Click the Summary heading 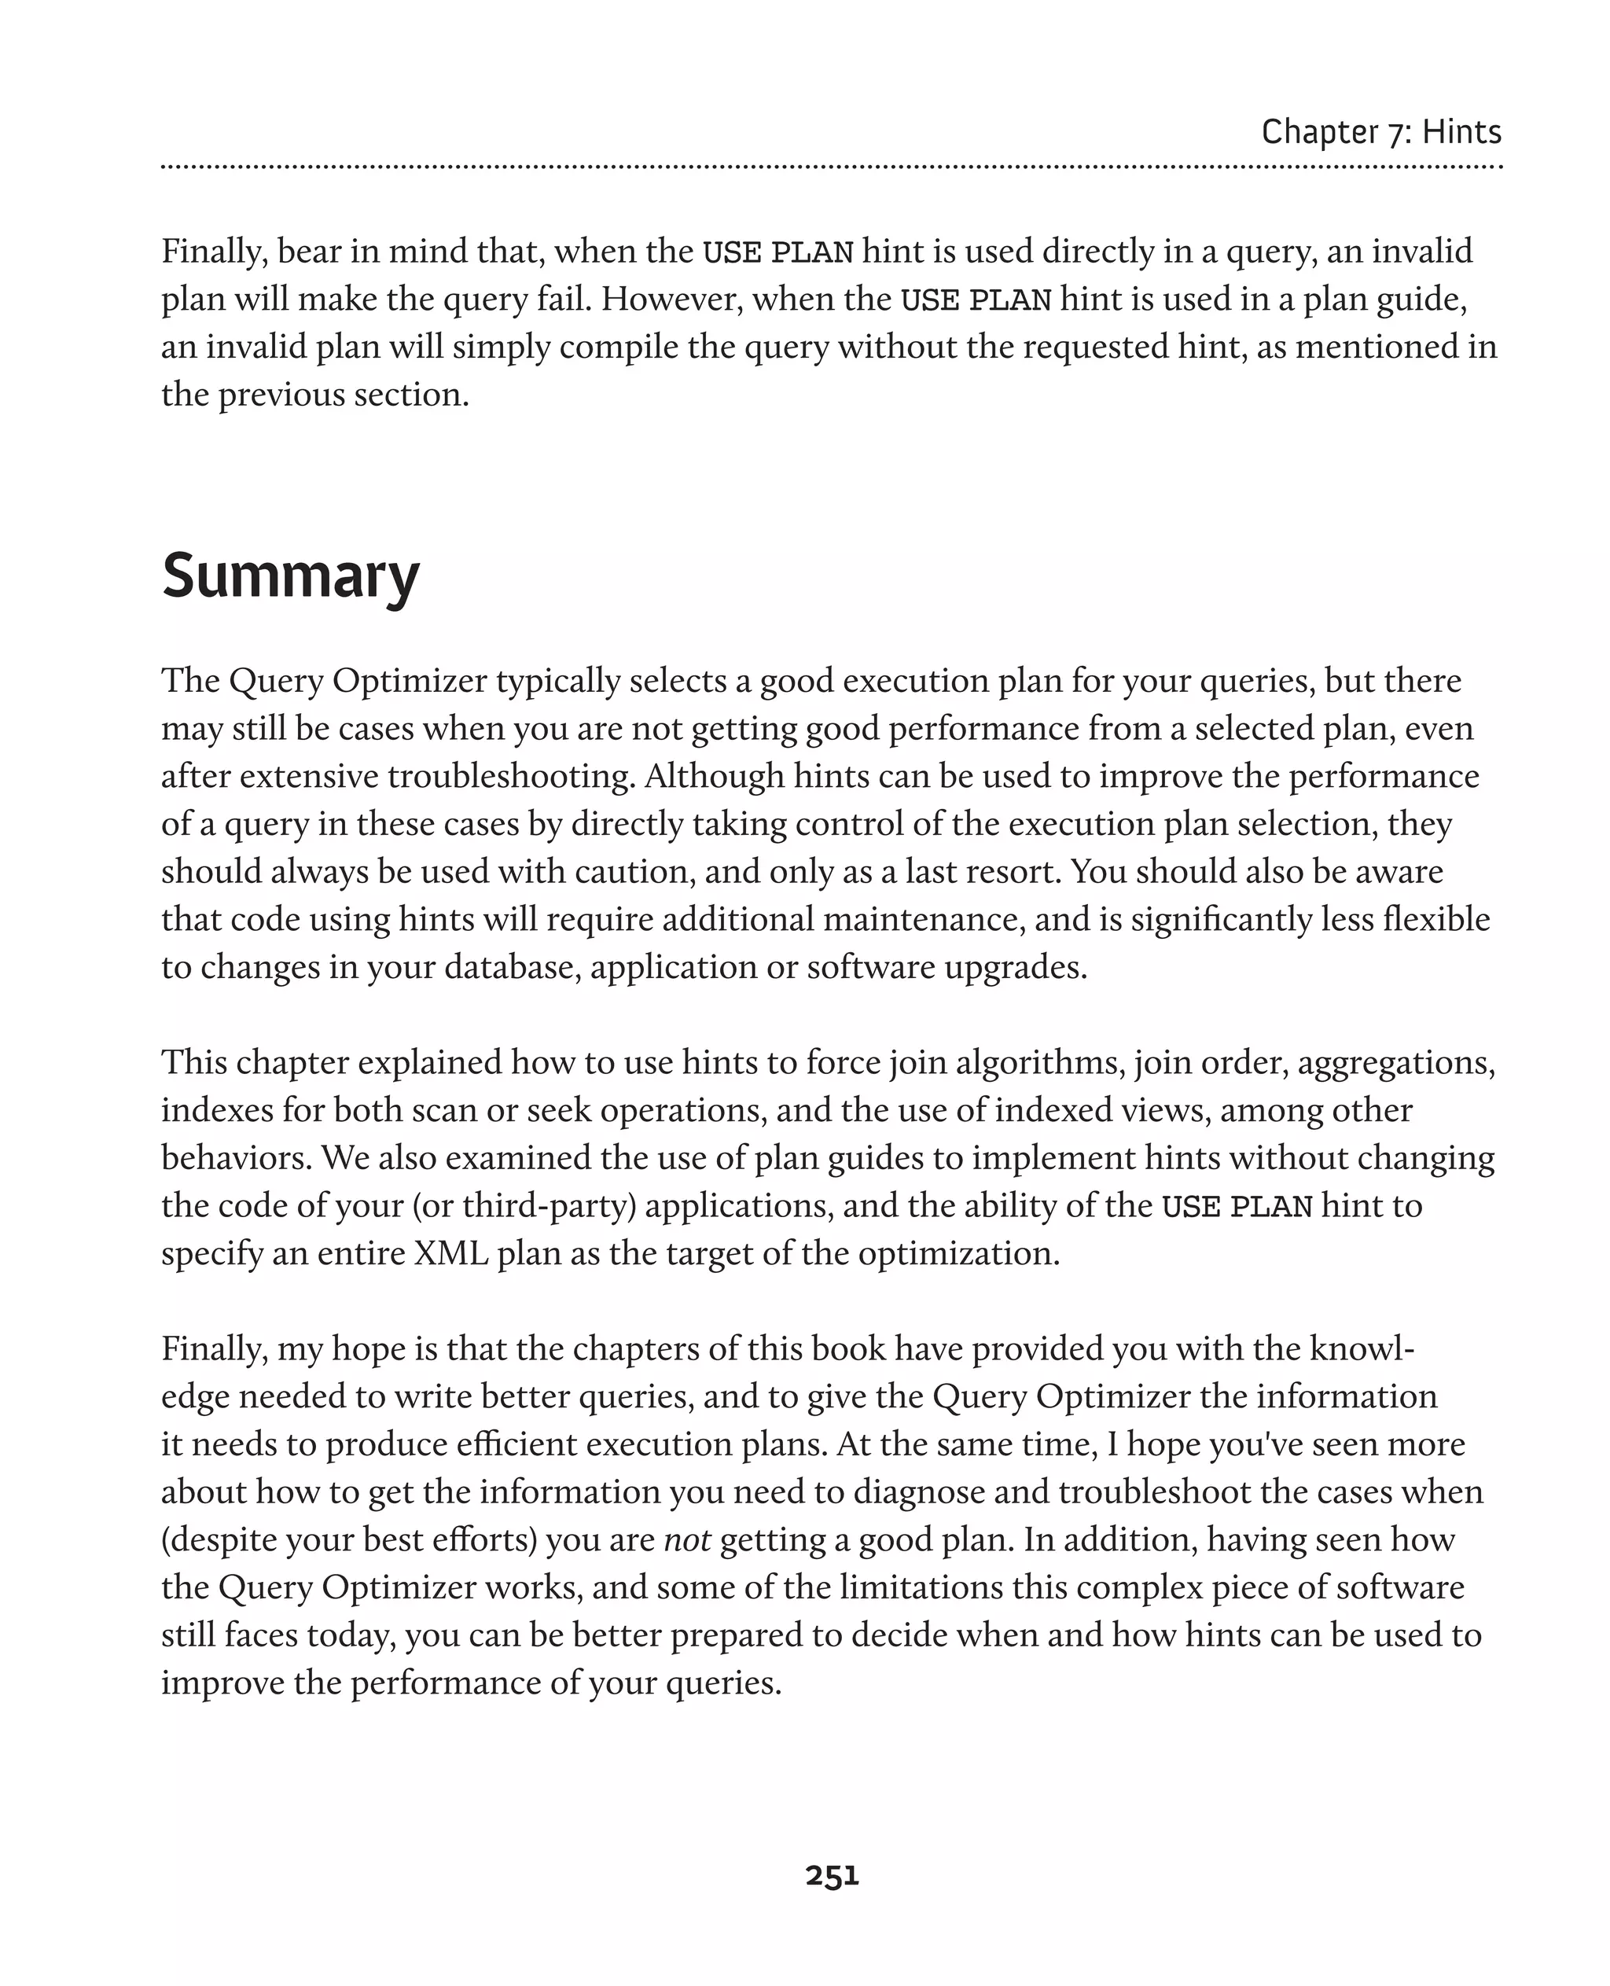(290, 576)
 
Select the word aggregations (1395, 1063)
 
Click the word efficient (516, 1444)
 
